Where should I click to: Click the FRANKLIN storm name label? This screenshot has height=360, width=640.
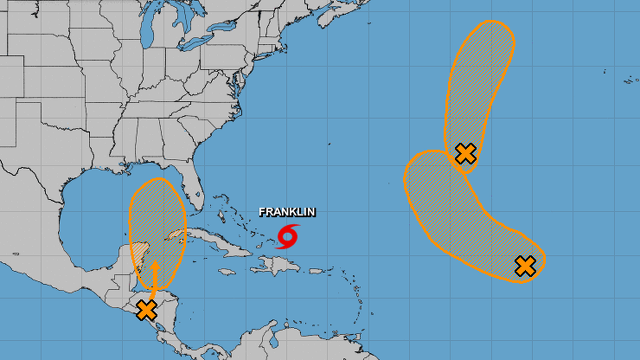pos(287,212)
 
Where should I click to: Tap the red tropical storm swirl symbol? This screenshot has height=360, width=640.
pos(288,236)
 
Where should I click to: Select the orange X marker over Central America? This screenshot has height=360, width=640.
pos(147,309)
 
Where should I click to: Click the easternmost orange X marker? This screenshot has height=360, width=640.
pos(525,266)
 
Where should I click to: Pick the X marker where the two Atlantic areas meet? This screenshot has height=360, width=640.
pos(465,153)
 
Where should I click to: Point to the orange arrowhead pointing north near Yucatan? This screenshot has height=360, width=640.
pos(156,265)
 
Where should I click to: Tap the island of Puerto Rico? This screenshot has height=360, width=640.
pos(316,271)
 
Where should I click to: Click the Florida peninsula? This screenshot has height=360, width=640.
pos(194,194)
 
